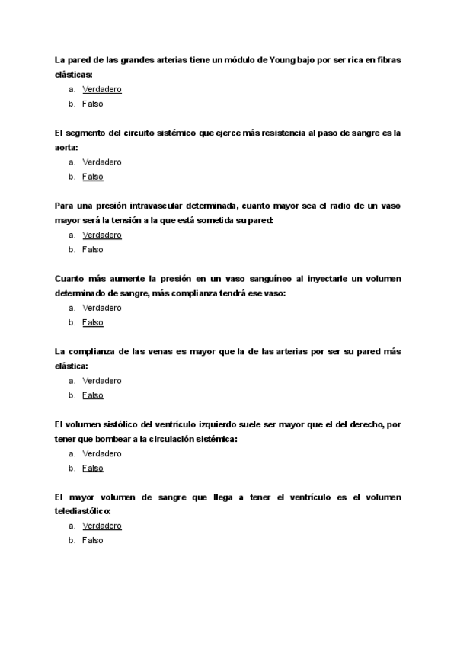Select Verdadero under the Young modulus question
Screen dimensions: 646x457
(x=101, y=89)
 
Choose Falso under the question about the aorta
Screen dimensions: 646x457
(x=92, y=177)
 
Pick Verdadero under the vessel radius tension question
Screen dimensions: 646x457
(x=101, y=235)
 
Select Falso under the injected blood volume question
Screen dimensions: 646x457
(x=92, y=322)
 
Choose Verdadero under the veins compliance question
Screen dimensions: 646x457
(x=101, y=380)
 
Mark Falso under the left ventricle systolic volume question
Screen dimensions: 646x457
(x=92, y=468)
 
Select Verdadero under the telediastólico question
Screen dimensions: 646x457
(x=101, y=526)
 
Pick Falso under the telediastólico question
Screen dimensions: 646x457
(x=92, y=540)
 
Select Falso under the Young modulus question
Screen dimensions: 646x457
(x=92, y=104)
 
